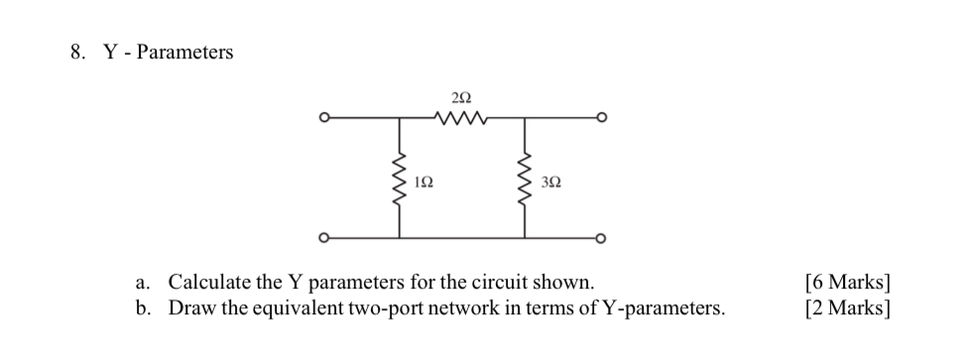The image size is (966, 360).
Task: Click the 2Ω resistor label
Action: [459, 97]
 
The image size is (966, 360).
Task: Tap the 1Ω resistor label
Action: [423, 182]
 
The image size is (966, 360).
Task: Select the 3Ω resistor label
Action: [552, 182]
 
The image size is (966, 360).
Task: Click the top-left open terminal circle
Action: [321, 119]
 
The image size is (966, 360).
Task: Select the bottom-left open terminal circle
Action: [321, 238]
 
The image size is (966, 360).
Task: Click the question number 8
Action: [75, 53]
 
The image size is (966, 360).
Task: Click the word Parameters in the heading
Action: [184, 53]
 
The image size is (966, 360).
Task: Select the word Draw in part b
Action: [189, 307]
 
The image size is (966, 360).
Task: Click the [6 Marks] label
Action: [847, 283]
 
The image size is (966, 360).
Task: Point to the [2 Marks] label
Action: [847, 307]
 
